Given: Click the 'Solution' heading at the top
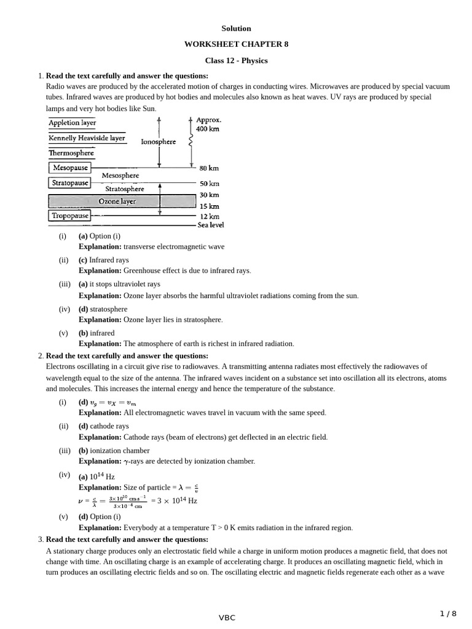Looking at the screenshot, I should (x=236, y=28).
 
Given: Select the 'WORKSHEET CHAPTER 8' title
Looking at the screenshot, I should (x=236, y=44).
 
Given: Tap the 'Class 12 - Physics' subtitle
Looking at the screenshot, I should (x=236, y=60).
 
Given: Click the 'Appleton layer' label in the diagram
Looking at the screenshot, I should (x=72, y=123).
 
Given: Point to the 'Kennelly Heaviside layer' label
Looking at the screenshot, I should (x=87, y=138).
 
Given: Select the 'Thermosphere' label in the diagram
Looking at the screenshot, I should (x=71, y=153).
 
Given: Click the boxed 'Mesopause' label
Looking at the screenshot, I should (x=69, y=168).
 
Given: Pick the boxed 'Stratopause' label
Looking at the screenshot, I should (x=69, y=183).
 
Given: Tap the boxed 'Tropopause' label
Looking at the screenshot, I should (x=69, y=216).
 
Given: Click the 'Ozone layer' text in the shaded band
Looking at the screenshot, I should (x=117, y=201).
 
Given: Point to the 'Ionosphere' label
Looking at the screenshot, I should (x=158, y=142).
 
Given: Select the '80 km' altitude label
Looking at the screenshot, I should (x=209, y=168).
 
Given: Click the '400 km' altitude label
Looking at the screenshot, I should (x=207, y=129).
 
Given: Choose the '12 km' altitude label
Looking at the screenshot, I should (x=209, y=216).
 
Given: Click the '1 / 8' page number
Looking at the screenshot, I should (x=448, y=614).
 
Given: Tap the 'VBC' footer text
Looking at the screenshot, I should (x=227, y=618).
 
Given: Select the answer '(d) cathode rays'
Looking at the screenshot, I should (x=103, y=426).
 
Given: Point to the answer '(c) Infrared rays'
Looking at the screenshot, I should (x=103, y=260).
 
